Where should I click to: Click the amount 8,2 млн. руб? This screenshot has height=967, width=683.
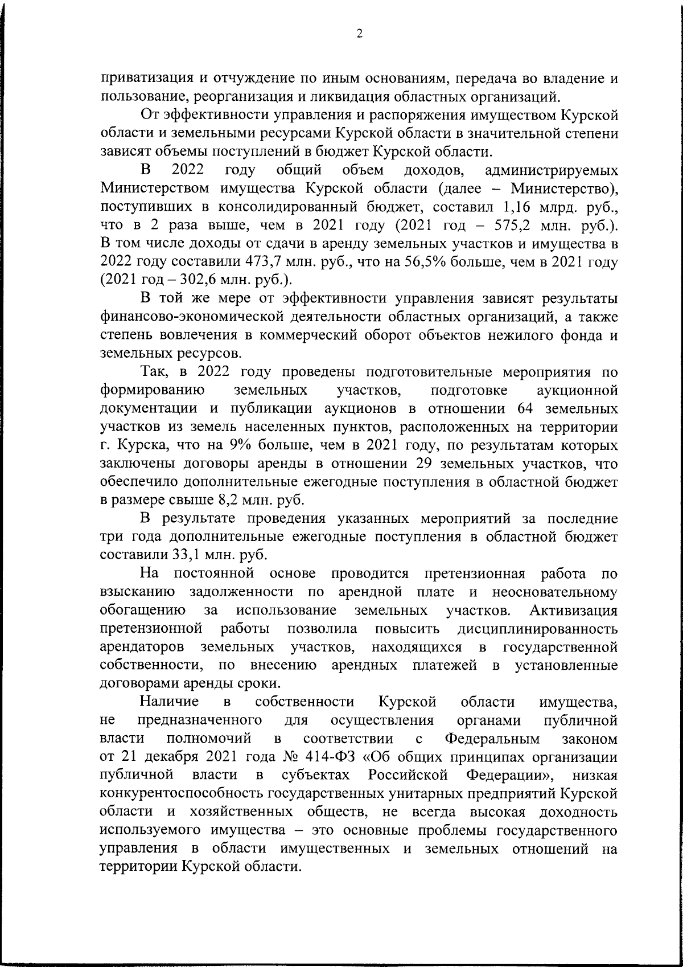[263, 501]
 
